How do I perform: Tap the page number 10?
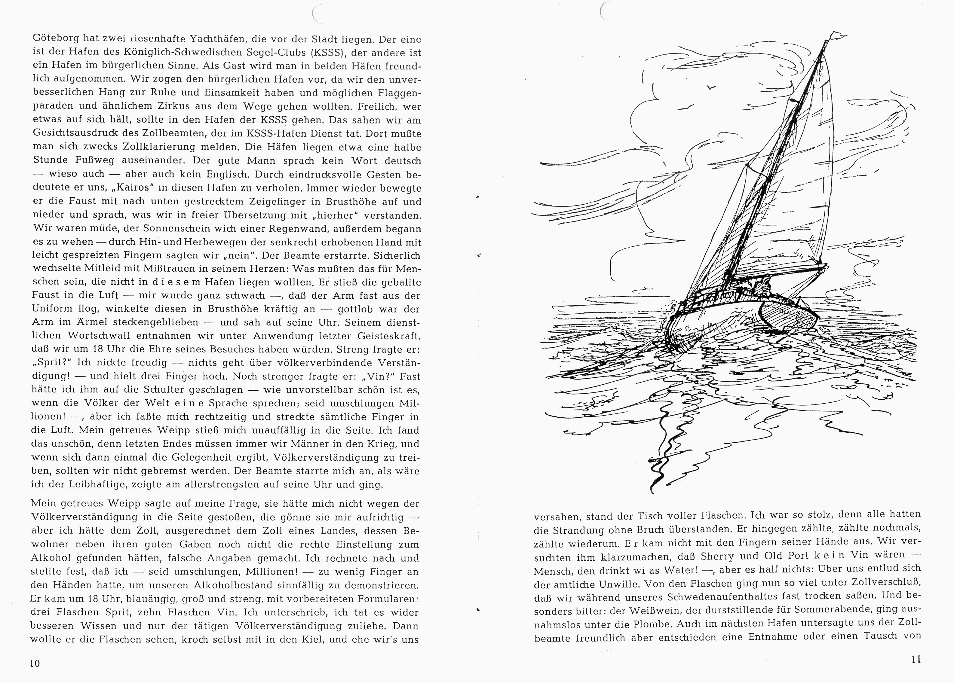pyautogui.click(x=35, y=663)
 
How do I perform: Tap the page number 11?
pyautogui.click(x=916, y=659)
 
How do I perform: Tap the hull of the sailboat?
pyautogui.click(x=728, y=324)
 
